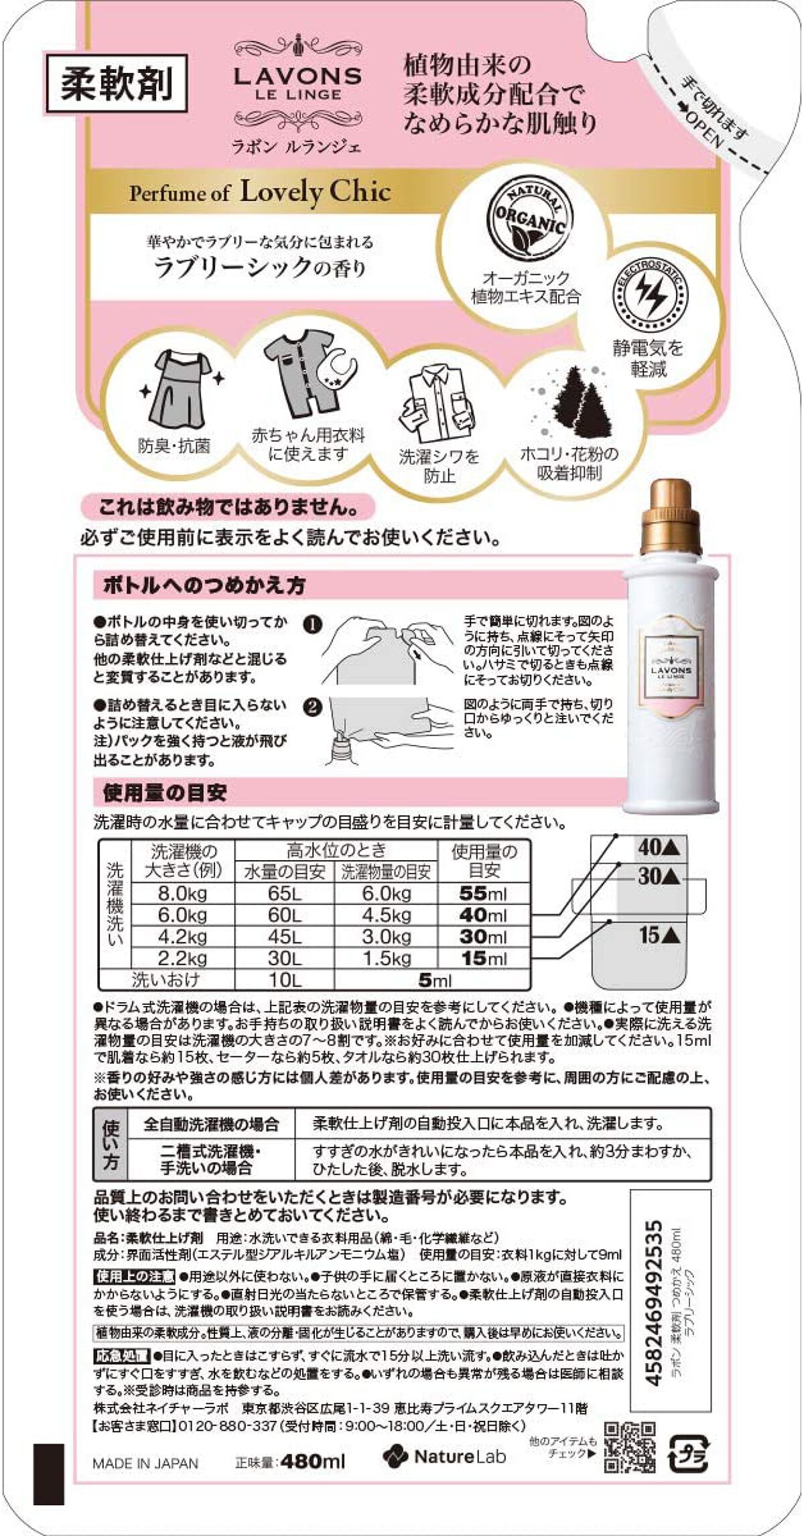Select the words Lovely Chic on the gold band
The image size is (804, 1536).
coord(315,192)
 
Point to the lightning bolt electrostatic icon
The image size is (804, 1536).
coord(649,295)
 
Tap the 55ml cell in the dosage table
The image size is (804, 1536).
coord(483,894)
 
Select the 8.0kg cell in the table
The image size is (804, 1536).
coord(182,894)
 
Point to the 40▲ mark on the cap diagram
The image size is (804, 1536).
coord(659,847)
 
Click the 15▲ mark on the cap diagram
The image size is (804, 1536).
coord(659,935)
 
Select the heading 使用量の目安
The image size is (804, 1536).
coord(165,792)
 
